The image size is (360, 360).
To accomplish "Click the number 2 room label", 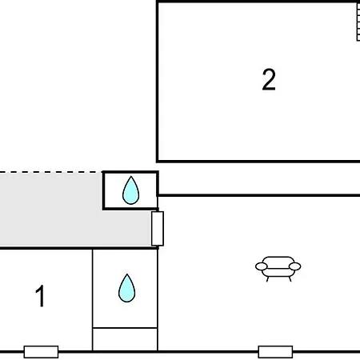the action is tap(269, 80).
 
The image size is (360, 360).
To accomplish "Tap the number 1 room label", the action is tap(40, 296).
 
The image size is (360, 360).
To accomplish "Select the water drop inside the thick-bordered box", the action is tap(130, 190).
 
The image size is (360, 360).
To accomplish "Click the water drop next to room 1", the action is tap(126, 288).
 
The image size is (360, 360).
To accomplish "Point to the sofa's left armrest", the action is tap(262, 266).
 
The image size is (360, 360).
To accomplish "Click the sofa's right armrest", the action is tap(294, 266).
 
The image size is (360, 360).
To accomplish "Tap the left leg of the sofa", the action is tap(267, 279).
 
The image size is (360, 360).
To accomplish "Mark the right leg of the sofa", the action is tap(290, 279).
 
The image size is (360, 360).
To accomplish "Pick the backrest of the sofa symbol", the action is tap(278, 260).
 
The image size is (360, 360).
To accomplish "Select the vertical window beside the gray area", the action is tap(158, 229).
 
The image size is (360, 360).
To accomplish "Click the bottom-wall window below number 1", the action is tap(41, 352).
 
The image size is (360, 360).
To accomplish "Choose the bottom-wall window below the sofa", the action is tap(275, 352).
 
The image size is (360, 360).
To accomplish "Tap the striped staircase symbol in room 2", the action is tap(358, 22).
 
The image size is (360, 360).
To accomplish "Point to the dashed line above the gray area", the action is tap(51, 172).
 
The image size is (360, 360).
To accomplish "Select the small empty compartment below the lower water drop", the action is tap(125, 339).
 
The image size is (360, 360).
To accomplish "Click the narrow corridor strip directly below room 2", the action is tap(259, 178).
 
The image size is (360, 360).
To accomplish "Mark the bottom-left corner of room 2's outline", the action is tap(158, 162).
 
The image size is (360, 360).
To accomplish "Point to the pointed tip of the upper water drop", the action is tap(130, 176).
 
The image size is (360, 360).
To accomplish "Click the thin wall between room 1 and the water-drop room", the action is tap(93, 300).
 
